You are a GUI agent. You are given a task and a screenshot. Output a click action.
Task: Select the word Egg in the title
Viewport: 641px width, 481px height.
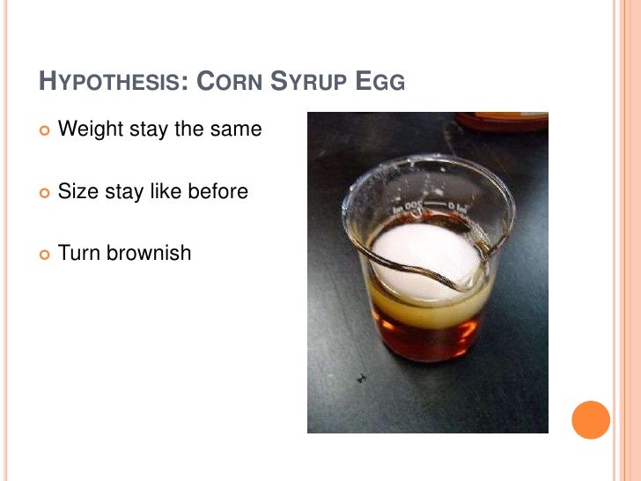(380, 84)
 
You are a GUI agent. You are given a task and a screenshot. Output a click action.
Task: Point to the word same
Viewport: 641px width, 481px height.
(235, 129)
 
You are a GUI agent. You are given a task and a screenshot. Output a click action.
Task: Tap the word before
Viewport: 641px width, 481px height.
(217, 190)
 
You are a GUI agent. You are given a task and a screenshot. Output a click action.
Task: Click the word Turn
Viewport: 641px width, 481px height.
(79, 253)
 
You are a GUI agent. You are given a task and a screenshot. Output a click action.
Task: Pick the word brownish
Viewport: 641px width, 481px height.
(148, 253)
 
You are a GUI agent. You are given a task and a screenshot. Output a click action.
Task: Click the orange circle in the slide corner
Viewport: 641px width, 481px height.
(591, 419)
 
